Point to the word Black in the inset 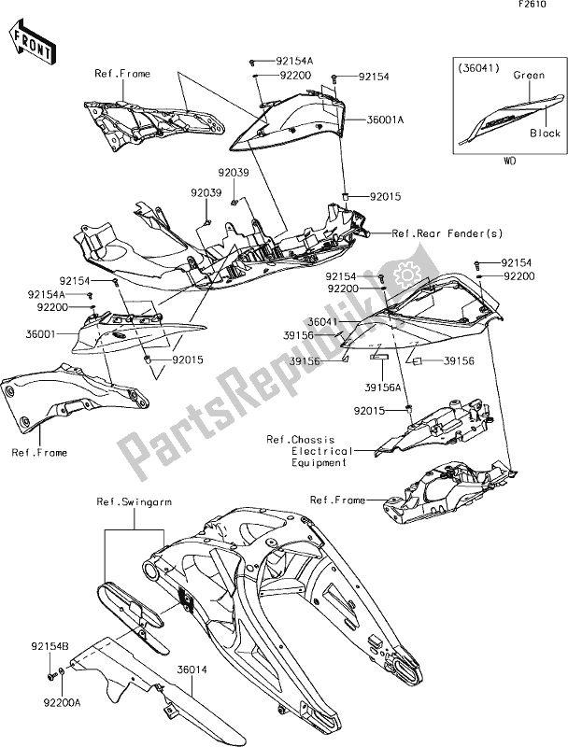coord(546,134)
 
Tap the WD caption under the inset coord(510,162)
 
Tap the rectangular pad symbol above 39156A coord(381,357)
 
